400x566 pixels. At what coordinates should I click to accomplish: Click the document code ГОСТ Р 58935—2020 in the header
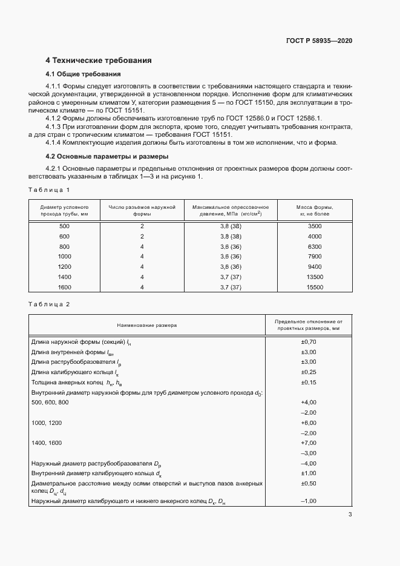point(319,41)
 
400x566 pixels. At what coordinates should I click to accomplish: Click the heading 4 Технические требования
point(98,61)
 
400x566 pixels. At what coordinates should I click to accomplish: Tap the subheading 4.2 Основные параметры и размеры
point(101,156)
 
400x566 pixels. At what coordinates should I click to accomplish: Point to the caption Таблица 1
point(49,190)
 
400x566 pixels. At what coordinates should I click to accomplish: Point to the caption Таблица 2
point(49,304)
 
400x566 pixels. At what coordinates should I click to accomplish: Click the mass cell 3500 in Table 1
point(314,226)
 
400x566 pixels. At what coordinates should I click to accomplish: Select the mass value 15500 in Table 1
point(314,287)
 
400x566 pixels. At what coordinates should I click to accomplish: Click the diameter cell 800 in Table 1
point(64,246)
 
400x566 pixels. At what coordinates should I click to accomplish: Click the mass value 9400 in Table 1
point(314,266)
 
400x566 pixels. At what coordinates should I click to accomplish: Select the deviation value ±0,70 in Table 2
point(309,342)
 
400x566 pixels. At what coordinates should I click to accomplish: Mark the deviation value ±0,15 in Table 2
point(309,382)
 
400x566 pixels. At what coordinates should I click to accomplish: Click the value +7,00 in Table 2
point(309,443)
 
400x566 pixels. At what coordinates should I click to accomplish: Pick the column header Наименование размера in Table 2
point(147,325)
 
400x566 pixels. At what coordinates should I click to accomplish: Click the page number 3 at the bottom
point(350,515)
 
